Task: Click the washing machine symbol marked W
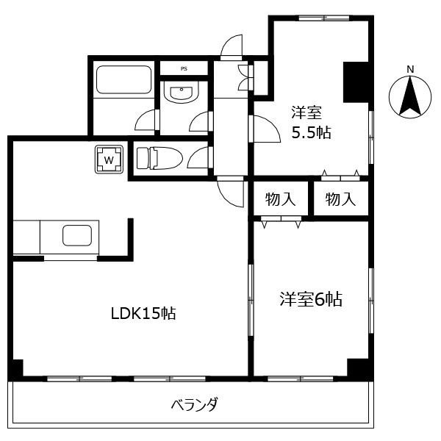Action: click(109, 159)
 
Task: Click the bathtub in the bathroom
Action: click(123, 79)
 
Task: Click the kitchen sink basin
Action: click(77, 236)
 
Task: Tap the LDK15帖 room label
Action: click(143, 313)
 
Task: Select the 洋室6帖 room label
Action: click(311, 299)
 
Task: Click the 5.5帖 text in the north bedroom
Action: click(311, 133)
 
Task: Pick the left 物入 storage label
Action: click(280, 198)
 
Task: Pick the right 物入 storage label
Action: click(340, 198)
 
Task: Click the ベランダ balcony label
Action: click(194, 404)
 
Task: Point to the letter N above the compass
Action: click(410, 70)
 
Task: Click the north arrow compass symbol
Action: click(410, 97)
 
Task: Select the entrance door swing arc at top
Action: click(232, 45)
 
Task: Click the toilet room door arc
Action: click(198, 158)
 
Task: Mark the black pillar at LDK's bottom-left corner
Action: click(17, 368)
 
